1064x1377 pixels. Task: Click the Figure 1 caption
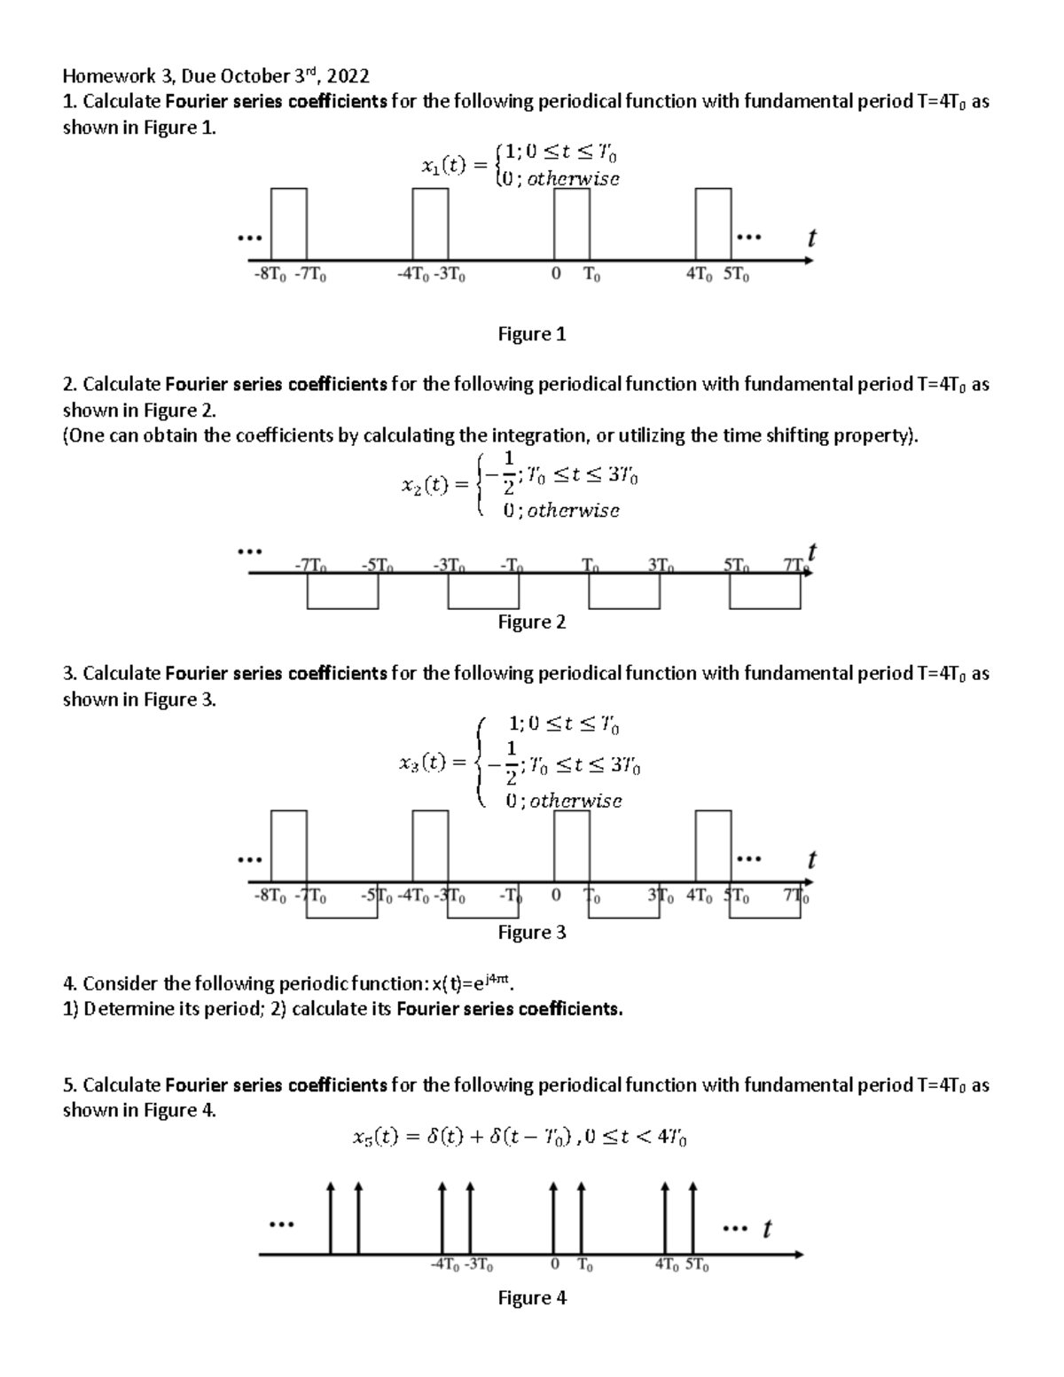point(531,334)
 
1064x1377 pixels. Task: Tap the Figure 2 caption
point(531,622)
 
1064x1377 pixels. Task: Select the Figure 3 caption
point(531,932)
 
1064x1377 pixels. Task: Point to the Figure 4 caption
point(531,1298)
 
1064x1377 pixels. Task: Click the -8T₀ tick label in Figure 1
point(270,275)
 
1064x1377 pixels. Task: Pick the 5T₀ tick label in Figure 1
point(736,275)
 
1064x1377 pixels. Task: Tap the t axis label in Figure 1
point(810,239)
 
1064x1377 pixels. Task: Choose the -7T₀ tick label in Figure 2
point(310,564)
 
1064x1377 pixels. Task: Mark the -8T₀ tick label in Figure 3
point(270,896)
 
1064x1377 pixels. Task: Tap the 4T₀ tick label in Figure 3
point(700,896)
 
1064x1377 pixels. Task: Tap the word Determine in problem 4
point(126,1008)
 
